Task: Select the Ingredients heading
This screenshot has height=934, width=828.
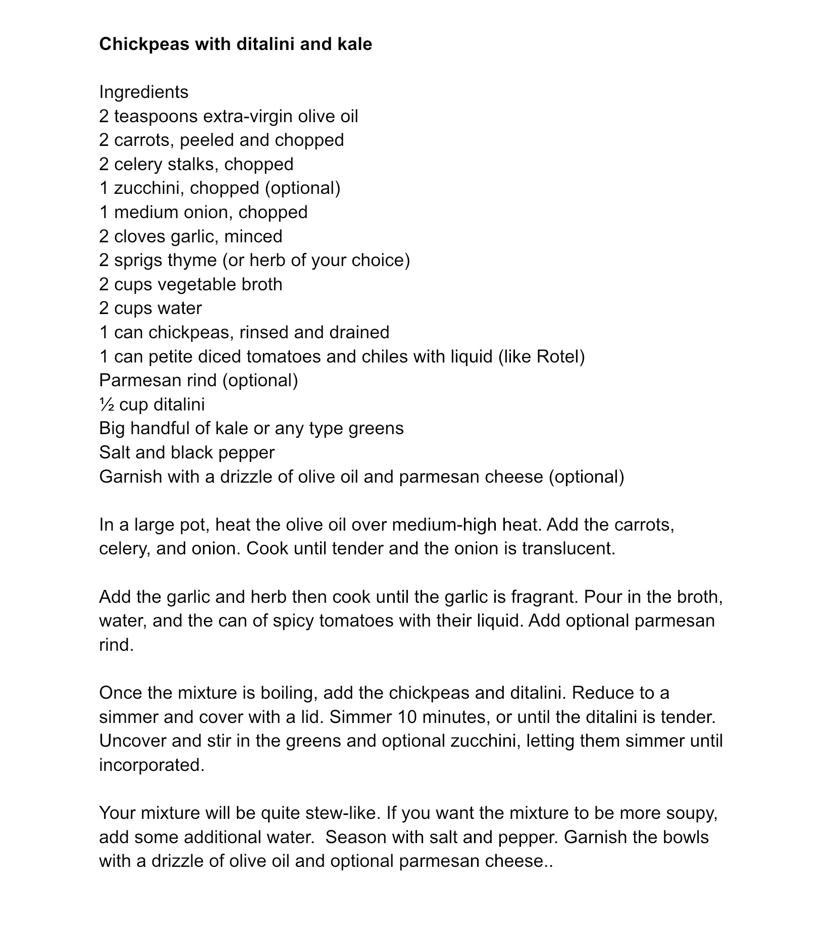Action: point(144,92)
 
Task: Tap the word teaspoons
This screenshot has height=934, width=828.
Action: point(156,117)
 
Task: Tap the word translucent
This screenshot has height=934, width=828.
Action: point(568,549)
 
